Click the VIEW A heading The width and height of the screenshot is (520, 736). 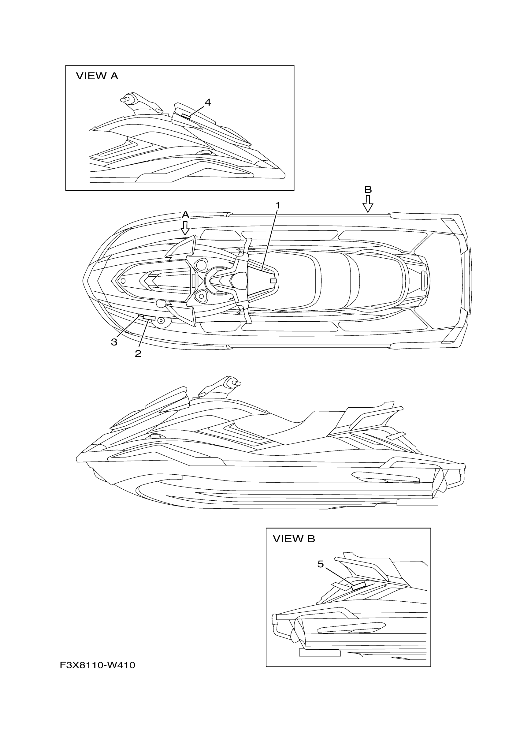pyautogui.click(x=97, y=76)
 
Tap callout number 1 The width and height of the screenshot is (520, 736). pyautogui.click(x=278, y=205)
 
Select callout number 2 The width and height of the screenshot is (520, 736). pyautogui.click(x=138, y=354)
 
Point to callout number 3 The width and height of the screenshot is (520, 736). pyautogui.click(x=114, y=342)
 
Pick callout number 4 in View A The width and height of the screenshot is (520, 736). pyautogui.click(x=208, y=103)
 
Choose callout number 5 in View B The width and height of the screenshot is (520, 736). pyautogui.click(x=320, y=564)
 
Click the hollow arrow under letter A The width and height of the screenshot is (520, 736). pyautogui.click(x=185, y=228)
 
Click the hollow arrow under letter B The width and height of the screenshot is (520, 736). pyautogui.click(x=368, y=204)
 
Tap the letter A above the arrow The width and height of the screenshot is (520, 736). pyautogui.click(x=185, y=215)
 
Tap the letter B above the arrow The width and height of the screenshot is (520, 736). pyautogui.click(x=368, y=189)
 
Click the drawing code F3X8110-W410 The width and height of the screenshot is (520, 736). pyautogui.click(x=97, y=666)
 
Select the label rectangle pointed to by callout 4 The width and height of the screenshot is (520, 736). pyautogui.click(x=186, y=116)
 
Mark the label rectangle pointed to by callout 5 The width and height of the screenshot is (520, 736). pyautogui.click(x=358, y=586)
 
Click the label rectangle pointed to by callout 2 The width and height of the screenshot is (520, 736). pyautogui.click(x=149, y=318)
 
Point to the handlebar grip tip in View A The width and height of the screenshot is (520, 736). pyautogui.click(x=123, y=100)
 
